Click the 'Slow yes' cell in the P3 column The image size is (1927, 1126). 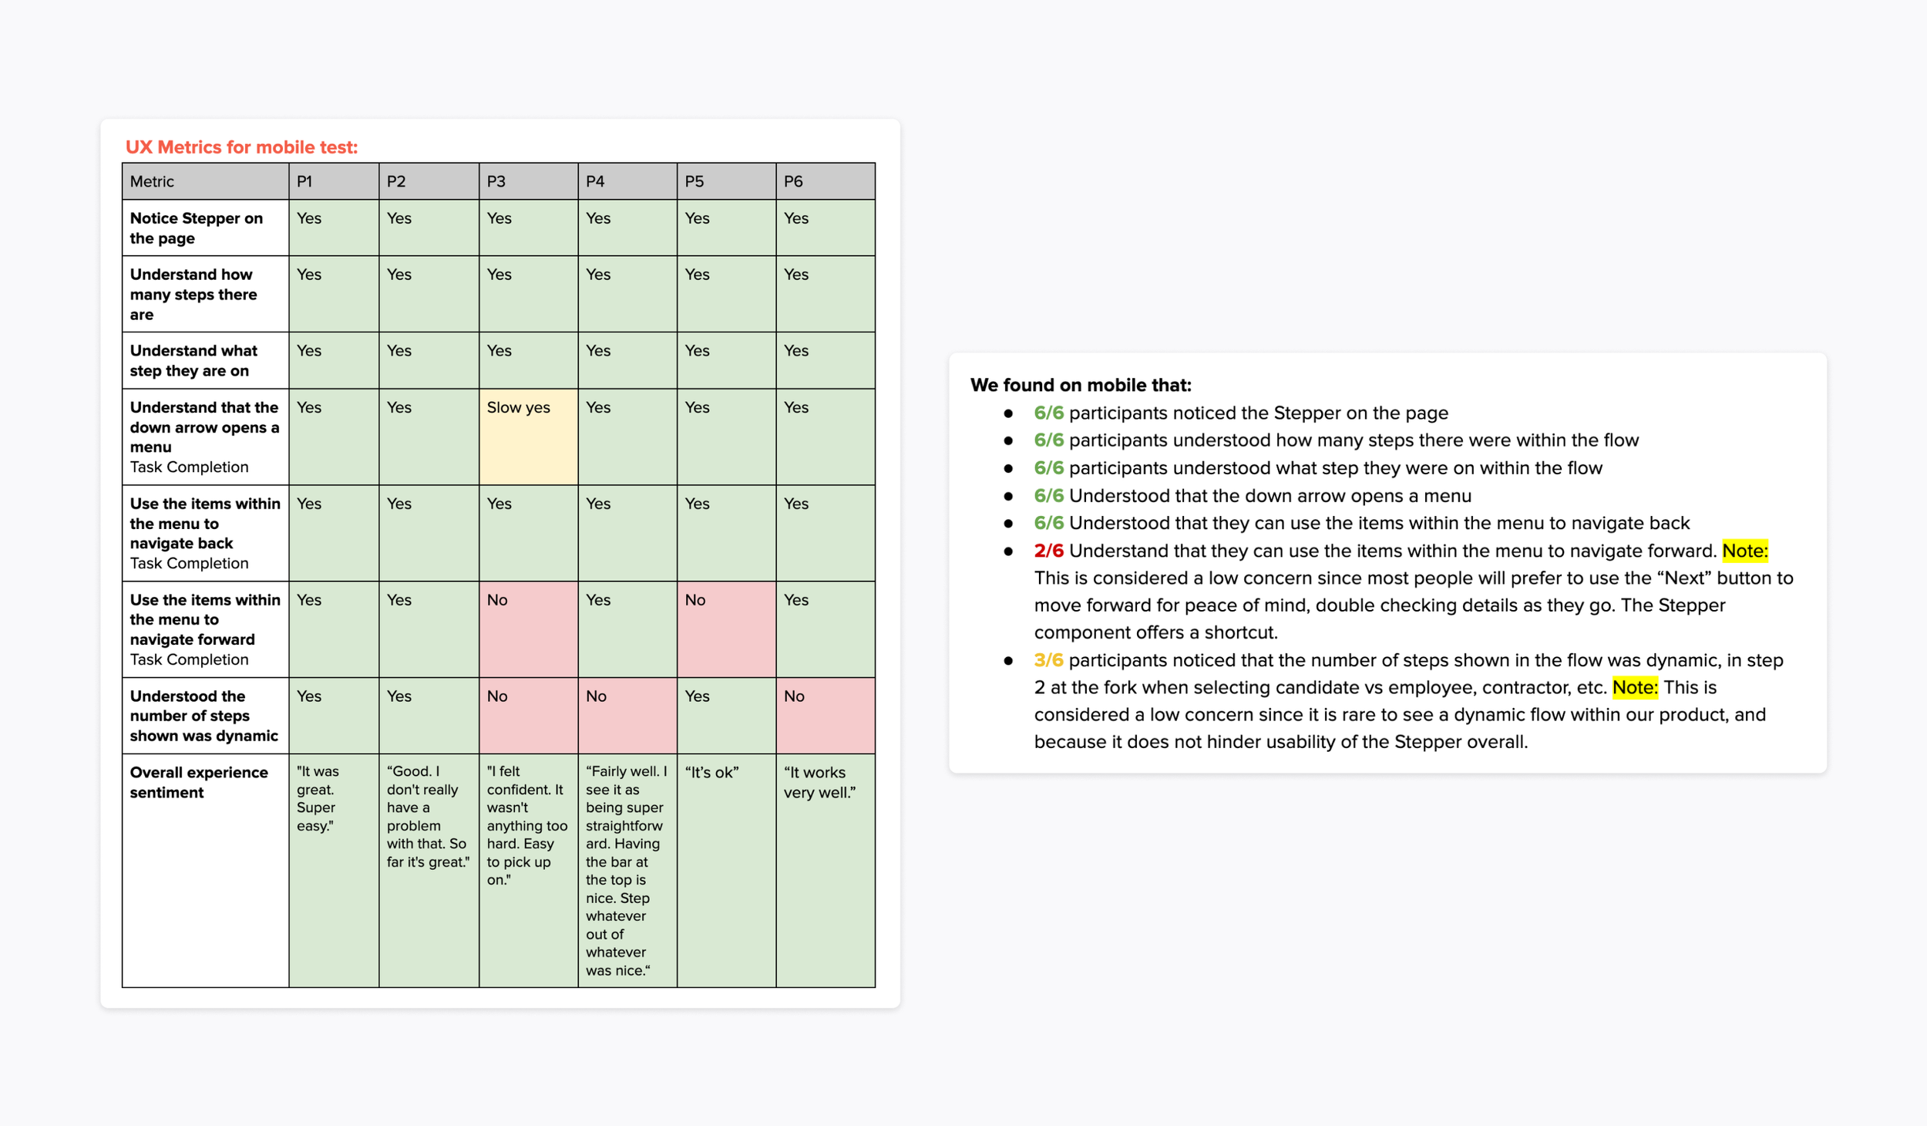pyautogui.click(x=528, y=437)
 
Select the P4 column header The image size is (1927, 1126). pyautogui.click(x=627, y=181)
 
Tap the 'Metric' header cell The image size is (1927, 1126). pyautogui.click(x=205, y=181)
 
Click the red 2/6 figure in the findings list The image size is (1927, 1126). pyautogui.click(x=1048, y=551)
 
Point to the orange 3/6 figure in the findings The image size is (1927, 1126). pyautogui.click(x=1048, y=660)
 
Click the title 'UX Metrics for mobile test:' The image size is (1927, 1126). pyautogui.click(x=241, y=147)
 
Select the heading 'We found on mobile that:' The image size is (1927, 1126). pyautogui.click(x=1081, y=385)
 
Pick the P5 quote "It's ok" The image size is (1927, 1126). pyautogui.click(x=711, y=772)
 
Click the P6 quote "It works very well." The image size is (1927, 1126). pyautogui.click(x=820, y=782)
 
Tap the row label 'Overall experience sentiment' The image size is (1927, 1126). pyautogui.click(x=199, y=782)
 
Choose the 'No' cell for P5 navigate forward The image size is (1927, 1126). pyautogui.click(x=726, y=629)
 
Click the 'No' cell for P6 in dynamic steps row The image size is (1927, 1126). pyautogui.click(x=826, y=716)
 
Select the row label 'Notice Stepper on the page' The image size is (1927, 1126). pyautogui.click(x=196, y=228)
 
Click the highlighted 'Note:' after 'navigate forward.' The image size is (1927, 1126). pyautogui.click(x=1745, y=551)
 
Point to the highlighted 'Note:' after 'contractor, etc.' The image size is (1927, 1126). pyautogui.click(x=1635, y=687)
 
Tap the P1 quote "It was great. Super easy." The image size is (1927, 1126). pyautogui.click(x=318, y=798)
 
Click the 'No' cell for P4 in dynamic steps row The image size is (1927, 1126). pyautogui.click(x=627, y=716)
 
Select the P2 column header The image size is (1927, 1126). pyautogui.click(x=429, y=181)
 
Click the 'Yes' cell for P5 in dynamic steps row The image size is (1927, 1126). pyautogui.click(x=726, y=716)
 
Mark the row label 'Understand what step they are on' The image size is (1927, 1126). pyautogui.click(x=193, y=360)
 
